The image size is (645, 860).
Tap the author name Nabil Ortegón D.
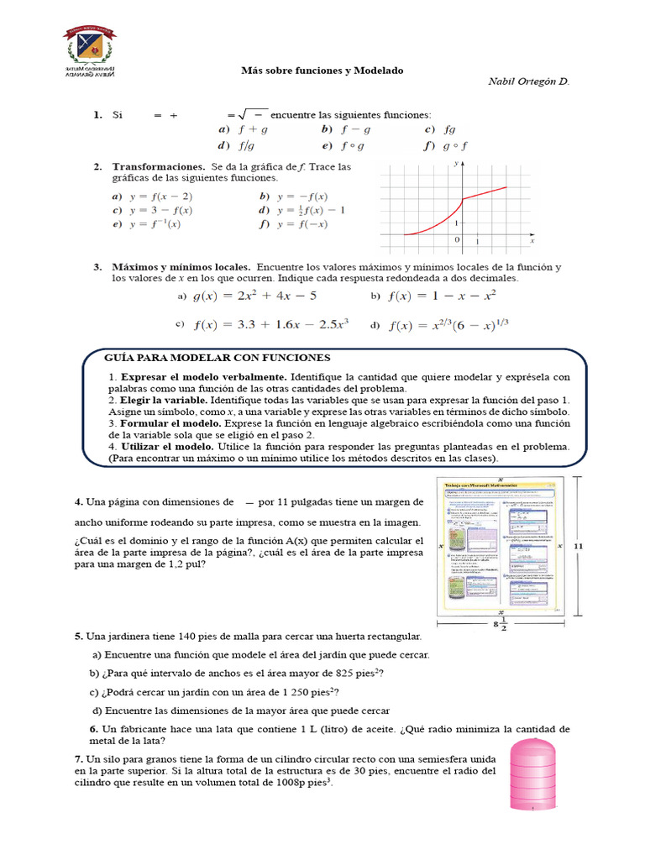point(527,81)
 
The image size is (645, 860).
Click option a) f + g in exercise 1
point(243,129)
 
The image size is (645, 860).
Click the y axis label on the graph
point(455,164)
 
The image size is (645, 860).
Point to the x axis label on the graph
point(532,240)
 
